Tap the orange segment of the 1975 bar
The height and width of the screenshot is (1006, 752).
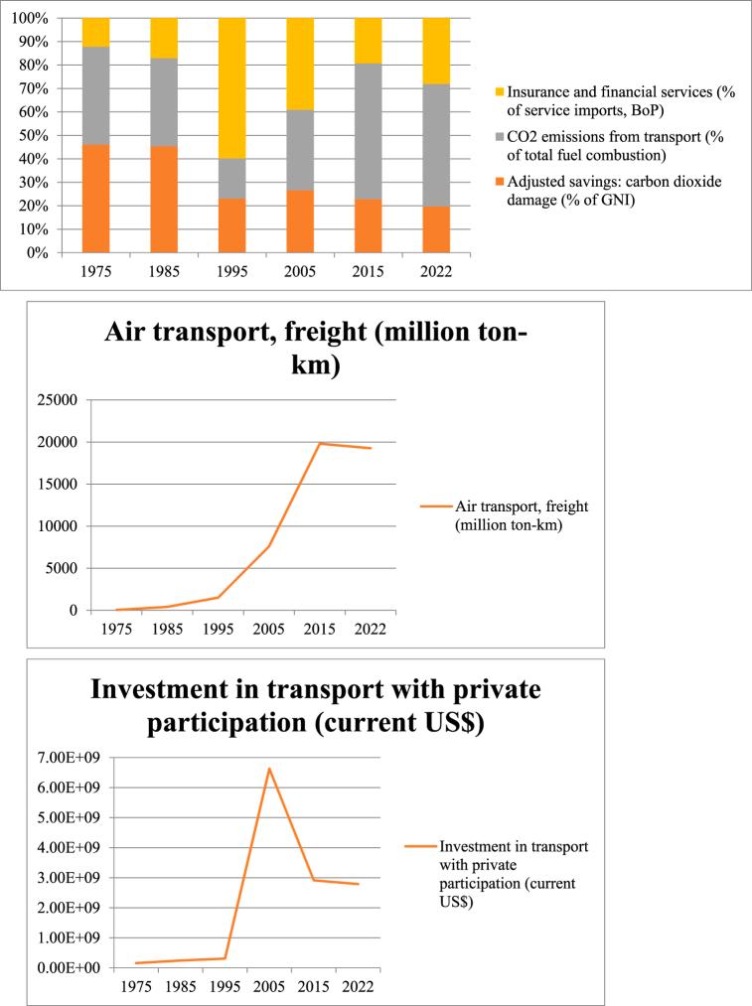coord(95,198)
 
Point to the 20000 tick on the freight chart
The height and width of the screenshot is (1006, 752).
coord(59,442)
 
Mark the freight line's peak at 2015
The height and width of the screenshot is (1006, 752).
coord(319,443)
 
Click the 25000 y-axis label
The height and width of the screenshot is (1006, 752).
coord(59,400)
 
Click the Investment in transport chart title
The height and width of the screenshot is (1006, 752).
coord(315,706)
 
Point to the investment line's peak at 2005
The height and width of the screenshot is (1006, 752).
coord(268,768)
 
